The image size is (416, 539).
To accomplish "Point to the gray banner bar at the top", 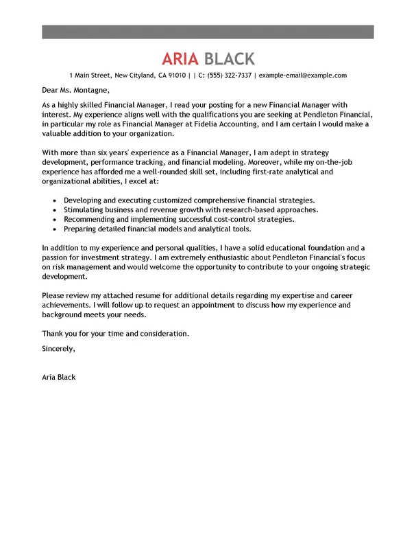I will (208, 32).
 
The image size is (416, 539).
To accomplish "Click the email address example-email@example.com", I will (302, 75).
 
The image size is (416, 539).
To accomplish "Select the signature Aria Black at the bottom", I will (59, 377).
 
